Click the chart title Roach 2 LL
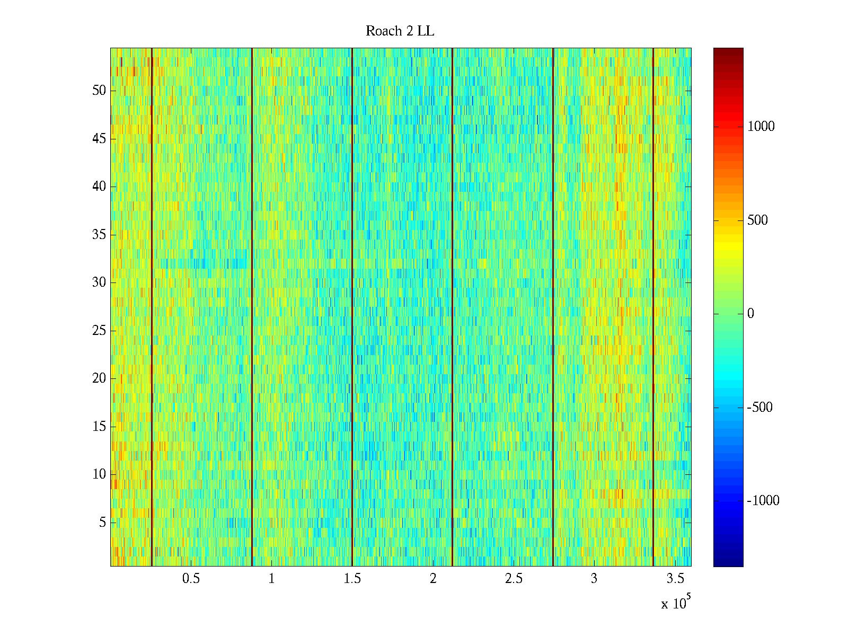(x=400, y=31)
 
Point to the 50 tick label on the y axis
(x=99, y=91)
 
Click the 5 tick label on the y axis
(x=102, y=523)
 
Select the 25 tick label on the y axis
(x=99, y=331)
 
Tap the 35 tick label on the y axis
(x=99, y=235)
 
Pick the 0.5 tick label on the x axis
(x=191, y=579)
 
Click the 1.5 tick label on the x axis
(x=352, y=579)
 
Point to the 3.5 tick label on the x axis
(x=675, y=579)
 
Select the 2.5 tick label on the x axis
(x=514, y=579)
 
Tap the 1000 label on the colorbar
(x=761, y=126)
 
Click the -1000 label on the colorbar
(x=763, y=501)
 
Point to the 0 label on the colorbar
(x=750, y=314)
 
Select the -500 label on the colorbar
(x=759, y=408)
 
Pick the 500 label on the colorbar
(x=757, y=220)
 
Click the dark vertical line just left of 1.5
(x=352, y=307)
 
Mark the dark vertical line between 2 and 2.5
(x=452, y=307)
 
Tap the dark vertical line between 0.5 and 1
(x=252, y=307)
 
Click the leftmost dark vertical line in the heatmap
(x=152, y=307)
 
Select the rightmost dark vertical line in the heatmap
(x=653, y=307)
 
